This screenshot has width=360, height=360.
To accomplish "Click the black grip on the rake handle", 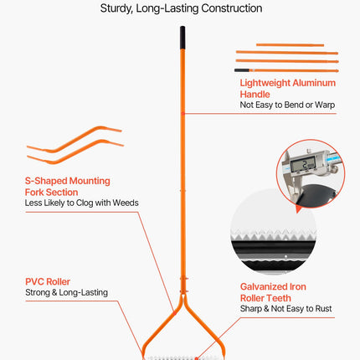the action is coord(183,38).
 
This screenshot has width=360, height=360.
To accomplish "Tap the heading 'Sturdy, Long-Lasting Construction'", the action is coord(181,8).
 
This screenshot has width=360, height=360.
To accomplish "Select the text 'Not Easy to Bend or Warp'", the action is coord(287,105).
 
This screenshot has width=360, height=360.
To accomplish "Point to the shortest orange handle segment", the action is coord(291,45).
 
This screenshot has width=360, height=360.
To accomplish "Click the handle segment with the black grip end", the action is coord(286,70).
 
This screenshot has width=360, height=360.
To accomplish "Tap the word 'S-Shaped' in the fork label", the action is coord(46,181).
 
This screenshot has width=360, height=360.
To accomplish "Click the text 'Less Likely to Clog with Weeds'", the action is coord(81,203).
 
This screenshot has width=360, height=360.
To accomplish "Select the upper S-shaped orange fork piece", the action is coord(75,139).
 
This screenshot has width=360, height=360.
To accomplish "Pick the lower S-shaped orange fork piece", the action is coord(75,152).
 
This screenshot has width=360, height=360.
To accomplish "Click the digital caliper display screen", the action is coord(303,164).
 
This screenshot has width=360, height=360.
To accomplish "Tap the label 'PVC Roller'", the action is coord(48,281).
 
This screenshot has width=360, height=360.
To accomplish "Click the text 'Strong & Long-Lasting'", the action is coord(66,292).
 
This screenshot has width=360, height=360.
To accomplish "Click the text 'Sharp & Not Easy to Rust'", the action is coord(286,309).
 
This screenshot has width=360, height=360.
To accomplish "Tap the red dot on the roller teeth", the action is coord(197,358).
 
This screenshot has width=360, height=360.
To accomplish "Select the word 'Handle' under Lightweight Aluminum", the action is coord(255,94).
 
